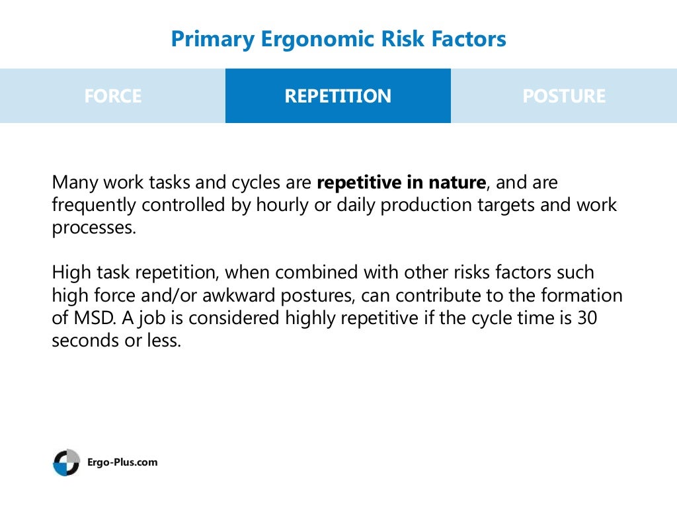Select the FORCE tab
pyautogui.click(x=112, y=96)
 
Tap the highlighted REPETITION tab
pyautogui.click(x=338, y=96)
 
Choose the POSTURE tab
pyautogui.click(x=563, y=96)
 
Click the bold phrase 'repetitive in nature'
pyautogui.click(x=401, y=183)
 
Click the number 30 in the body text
pyautogui.click(x=587, y=318)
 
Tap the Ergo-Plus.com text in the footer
pyautogui.click(x=122, y=462)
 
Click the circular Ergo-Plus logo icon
pyautogui.click(x=66, y=462)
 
